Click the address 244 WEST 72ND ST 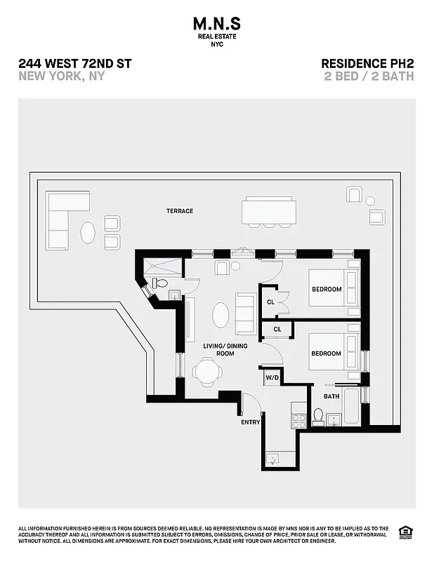tap(75, 64)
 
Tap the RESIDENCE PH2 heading tap(367, 64)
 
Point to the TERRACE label tap(180, 211)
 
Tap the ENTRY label tap(250, 422)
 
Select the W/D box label tap(272, 378)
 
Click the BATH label tap(331, 397)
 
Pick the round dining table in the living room tap(208, 372)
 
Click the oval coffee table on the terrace tap(88, 232)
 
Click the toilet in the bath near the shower tap(159, 283)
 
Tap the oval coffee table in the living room tap(220, 316)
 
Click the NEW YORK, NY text tap(62, 76)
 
